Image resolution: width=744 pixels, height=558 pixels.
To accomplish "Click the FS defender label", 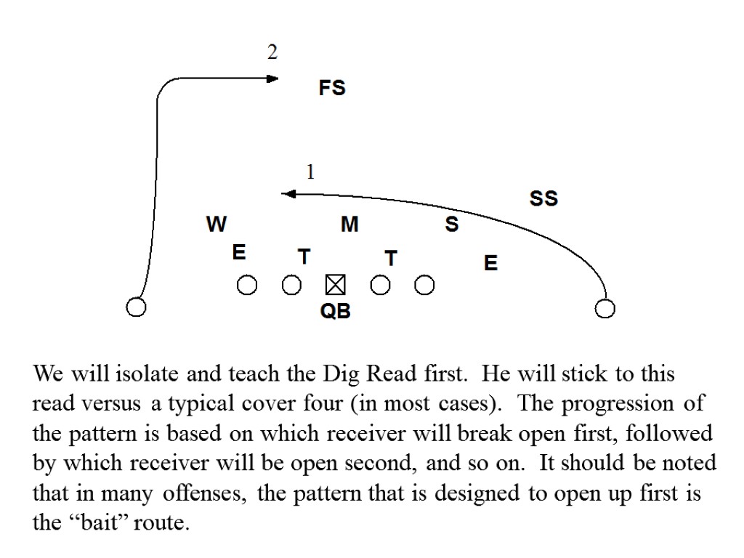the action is [x=332, y=89].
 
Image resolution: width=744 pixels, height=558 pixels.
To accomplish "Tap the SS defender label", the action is [x=543, y=198].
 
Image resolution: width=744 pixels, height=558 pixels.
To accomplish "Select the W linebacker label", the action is [x=216, y=225].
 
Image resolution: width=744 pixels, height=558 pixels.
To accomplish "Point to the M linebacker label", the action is [x=349, y=225].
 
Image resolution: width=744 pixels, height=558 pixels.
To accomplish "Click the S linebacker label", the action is [x=452, y=225].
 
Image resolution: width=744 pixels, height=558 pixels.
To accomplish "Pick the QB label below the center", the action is [x=335, y=312].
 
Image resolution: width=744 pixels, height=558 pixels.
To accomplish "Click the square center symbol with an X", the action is [x=335, y=285].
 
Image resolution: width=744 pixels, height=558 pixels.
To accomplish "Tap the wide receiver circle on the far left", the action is [x=135, y=307].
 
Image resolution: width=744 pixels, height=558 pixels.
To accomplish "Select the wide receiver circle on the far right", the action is [x=604, y=310].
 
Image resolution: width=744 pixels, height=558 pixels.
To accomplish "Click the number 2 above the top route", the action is [x=272, y=52].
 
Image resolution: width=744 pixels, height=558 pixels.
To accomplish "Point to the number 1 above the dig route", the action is [x=310, y=173].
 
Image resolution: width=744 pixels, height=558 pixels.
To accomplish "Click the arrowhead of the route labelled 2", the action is [x=273, y=78].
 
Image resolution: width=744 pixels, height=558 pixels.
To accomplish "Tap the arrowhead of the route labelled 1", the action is [x=287, y=193].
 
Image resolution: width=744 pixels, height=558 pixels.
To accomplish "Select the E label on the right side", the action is [x=490, y=263].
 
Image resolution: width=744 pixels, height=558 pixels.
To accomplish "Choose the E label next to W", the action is [x=238, y=253].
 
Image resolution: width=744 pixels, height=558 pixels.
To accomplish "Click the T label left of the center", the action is [x=304, y=257].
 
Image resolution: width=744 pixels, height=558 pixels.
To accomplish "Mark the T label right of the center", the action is [x=391, y=258].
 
